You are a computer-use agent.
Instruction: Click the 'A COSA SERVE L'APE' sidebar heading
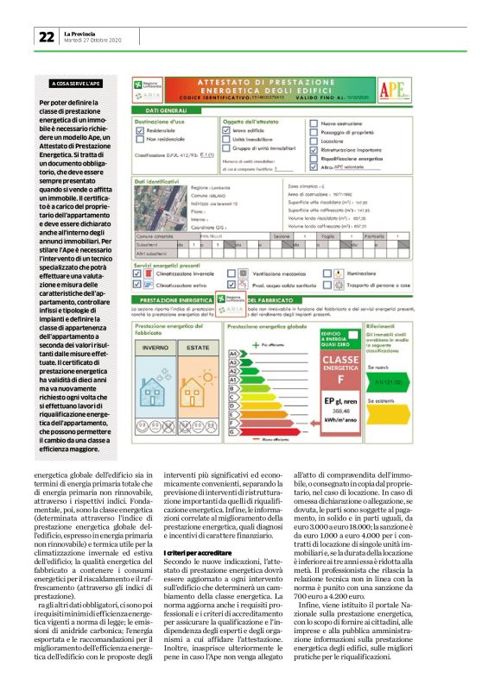click(x=75, y=84)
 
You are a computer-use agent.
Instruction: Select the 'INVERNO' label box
click(x=155, y=346)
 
